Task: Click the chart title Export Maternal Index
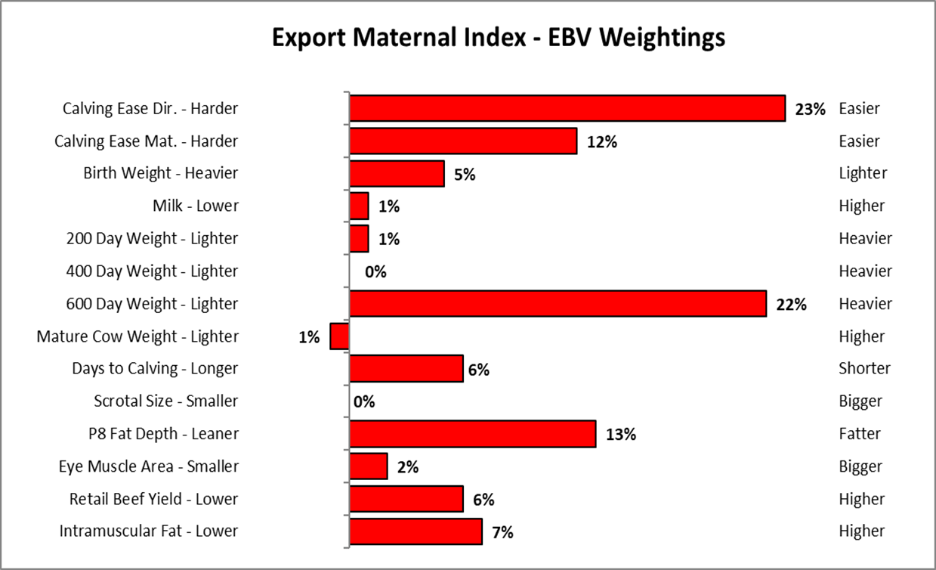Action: pyautogui.click(x=499, y=37)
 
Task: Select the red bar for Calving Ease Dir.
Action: pyautogui.click(x=567, y=109)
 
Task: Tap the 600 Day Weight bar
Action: pyautogui.click(x=558, y=304)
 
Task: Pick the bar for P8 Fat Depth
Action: pyautogui.click(x=472, y=434)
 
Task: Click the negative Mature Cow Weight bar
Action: pyautogui.click(x=340, y=336)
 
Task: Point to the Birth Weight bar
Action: pyautogui.click(x=397, y=174)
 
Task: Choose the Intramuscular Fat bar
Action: pyautogui.click(x=415, y=531)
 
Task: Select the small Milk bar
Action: pyautogui.click(x=359, y=206)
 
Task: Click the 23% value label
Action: pyautogui.click(x=810, y=109)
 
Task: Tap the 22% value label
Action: pyautogui.click(x=791, y=305)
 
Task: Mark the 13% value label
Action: pyautogui.click(x=621, y=435)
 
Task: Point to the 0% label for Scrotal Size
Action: pyautogui.click(x=364, y=401)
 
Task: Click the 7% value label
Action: pyautogui.click(x=502, y=532)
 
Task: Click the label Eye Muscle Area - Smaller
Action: pyautogui.click(x=148, y=466)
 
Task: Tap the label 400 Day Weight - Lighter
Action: pyautogui.click(x=152, y=271)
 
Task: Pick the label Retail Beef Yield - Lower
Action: pyautogui.click(x=153, y=499)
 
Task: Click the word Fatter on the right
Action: pyautogui.click(x=860, y=434)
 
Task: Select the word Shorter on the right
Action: pyautogui.click(x=864, y=369)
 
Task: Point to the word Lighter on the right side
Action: pyautogui.click(x=863, y=174)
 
